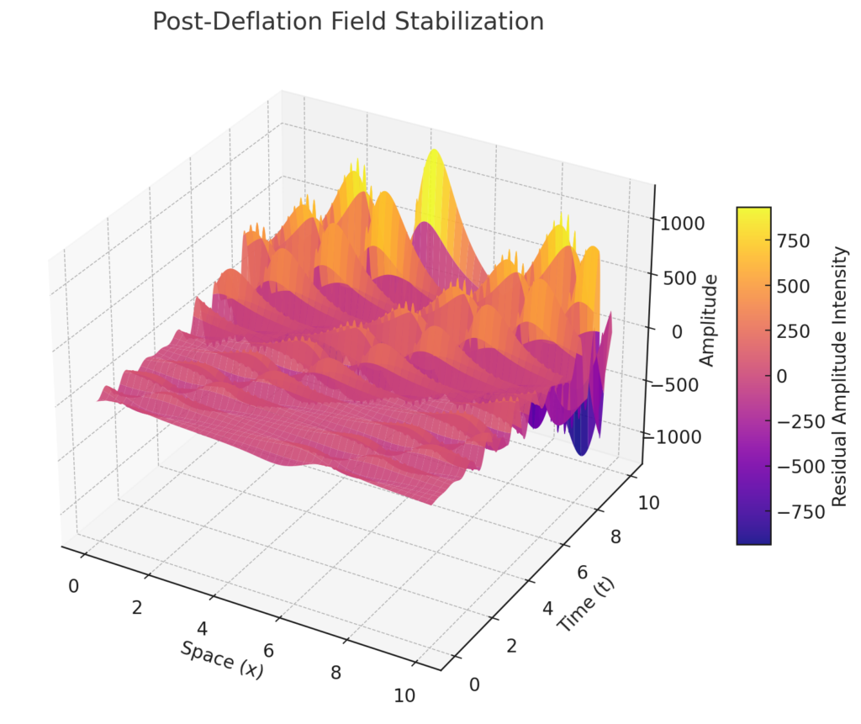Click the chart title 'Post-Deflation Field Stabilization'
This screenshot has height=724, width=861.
click(x=348, y=22)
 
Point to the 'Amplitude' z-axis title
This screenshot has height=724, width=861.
click(x=707, y=320)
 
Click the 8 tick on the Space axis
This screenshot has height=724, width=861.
click(x=335, y=673)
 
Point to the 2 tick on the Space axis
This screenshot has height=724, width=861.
click(x=137, y=608)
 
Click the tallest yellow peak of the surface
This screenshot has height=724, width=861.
click(x=434, y=156)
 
